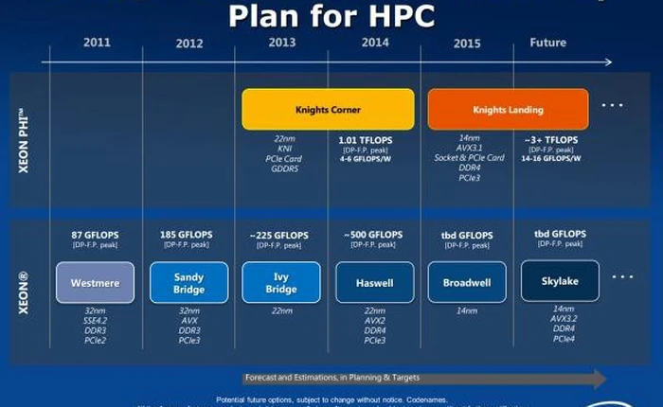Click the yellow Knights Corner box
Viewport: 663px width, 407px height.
327,109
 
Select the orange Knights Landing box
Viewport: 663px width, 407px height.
507,109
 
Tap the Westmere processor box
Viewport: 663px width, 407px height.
95,282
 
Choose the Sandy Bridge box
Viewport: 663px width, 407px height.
188,282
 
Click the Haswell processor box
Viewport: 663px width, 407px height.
374,282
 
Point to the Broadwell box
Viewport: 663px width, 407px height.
467,282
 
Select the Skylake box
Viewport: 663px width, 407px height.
559,280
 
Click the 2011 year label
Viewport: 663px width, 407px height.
97,43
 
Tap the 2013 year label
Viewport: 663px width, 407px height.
281,43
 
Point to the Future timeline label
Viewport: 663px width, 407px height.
547,43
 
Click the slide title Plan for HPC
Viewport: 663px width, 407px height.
331,16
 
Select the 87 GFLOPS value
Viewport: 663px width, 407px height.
95,235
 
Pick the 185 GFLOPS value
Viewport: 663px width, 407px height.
188,235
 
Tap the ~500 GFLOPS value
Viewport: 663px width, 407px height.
374,235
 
